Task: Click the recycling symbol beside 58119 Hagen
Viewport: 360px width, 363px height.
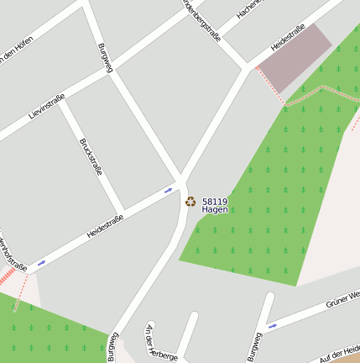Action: tap(190, 202)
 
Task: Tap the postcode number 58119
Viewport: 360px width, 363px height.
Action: tap(215, 201)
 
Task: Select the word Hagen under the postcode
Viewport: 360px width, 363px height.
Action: tap(215, 209)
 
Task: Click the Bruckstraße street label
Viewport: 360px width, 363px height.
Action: tap(91, 156)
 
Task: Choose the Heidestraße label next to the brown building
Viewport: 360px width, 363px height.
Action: tap(288, 38)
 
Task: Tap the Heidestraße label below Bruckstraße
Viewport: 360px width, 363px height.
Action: tap(105, 226)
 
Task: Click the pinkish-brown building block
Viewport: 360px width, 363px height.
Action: tap(294, 57)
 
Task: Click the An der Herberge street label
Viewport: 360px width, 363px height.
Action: tap(162, 345)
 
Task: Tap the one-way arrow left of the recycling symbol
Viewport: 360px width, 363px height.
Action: tap(169, 191)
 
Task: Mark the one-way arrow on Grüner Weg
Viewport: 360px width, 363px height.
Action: tap(271, 326)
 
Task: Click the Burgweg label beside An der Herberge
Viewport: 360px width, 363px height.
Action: tap(112, 347)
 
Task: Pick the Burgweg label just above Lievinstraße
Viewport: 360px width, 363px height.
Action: tap(105, 57)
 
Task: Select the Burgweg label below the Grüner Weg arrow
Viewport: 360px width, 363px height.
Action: tap(254, 346)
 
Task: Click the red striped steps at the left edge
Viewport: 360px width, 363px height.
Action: tap(7, 276)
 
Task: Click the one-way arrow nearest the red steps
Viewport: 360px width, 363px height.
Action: tap(41, 263)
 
